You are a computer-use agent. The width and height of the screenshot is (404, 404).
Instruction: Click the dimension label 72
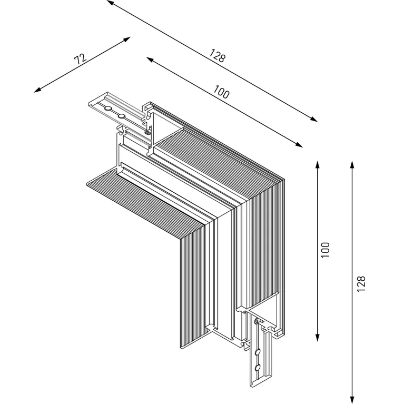80,58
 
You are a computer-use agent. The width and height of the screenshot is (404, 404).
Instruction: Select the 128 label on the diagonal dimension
217,56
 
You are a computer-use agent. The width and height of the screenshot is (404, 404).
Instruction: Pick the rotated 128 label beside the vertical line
361,283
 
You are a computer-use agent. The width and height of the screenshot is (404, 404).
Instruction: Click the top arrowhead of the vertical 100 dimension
318,164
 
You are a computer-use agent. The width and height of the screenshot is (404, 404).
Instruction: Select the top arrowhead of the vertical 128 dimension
352,164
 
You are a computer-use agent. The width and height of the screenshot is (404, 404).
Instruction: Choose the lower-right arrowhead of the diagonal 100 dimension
301,145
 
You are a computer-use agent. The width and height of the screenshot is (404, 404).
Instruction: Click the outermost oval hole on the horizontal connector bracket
107,109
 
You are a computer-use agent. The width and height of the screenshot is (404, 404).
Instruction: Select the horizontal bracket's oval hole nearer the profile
122,115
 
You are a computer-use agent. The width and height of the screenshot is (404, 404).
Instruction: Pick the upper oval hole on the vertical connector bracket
258,352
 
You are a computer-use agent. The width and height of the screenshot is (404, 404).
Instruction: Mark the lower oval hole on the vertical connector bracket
258,367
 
